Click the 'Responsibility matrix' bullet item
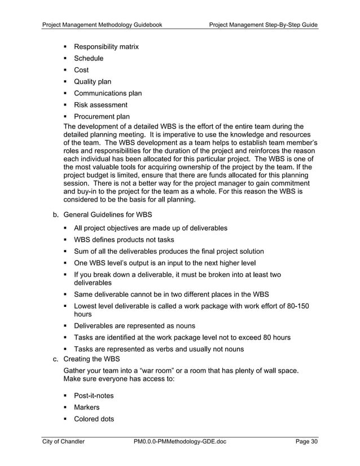click(106, 47)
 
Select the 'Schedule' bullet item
click(89, 58)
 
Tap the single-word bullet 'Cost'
click(81, 70)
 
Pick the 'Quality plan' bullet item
click(93, 82)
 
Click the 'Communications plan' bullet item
click(108, 93)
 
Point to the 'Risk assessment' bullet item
click(100, 105)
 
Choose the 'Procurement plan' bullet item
click(102, 117)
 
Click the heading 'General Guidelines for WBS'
click(111, 215)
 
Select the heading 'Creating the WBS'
click(94, 359)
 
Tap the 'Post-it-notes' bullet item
click(94, 395)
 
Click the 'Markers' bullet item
click(87, 407)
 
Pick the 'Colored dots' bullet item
click(94, 419)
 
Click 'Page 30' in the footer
click(306, 442)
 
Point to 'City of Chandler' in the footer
click(64, 442)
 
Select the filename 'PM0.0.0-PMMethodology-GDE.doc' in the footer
click(180, 442)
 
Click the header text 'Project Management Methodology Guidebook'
click(103, 25)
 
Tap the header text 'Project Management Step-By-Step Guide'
click(263, 25)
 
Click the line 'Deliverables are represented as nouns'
click(134, 326)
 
